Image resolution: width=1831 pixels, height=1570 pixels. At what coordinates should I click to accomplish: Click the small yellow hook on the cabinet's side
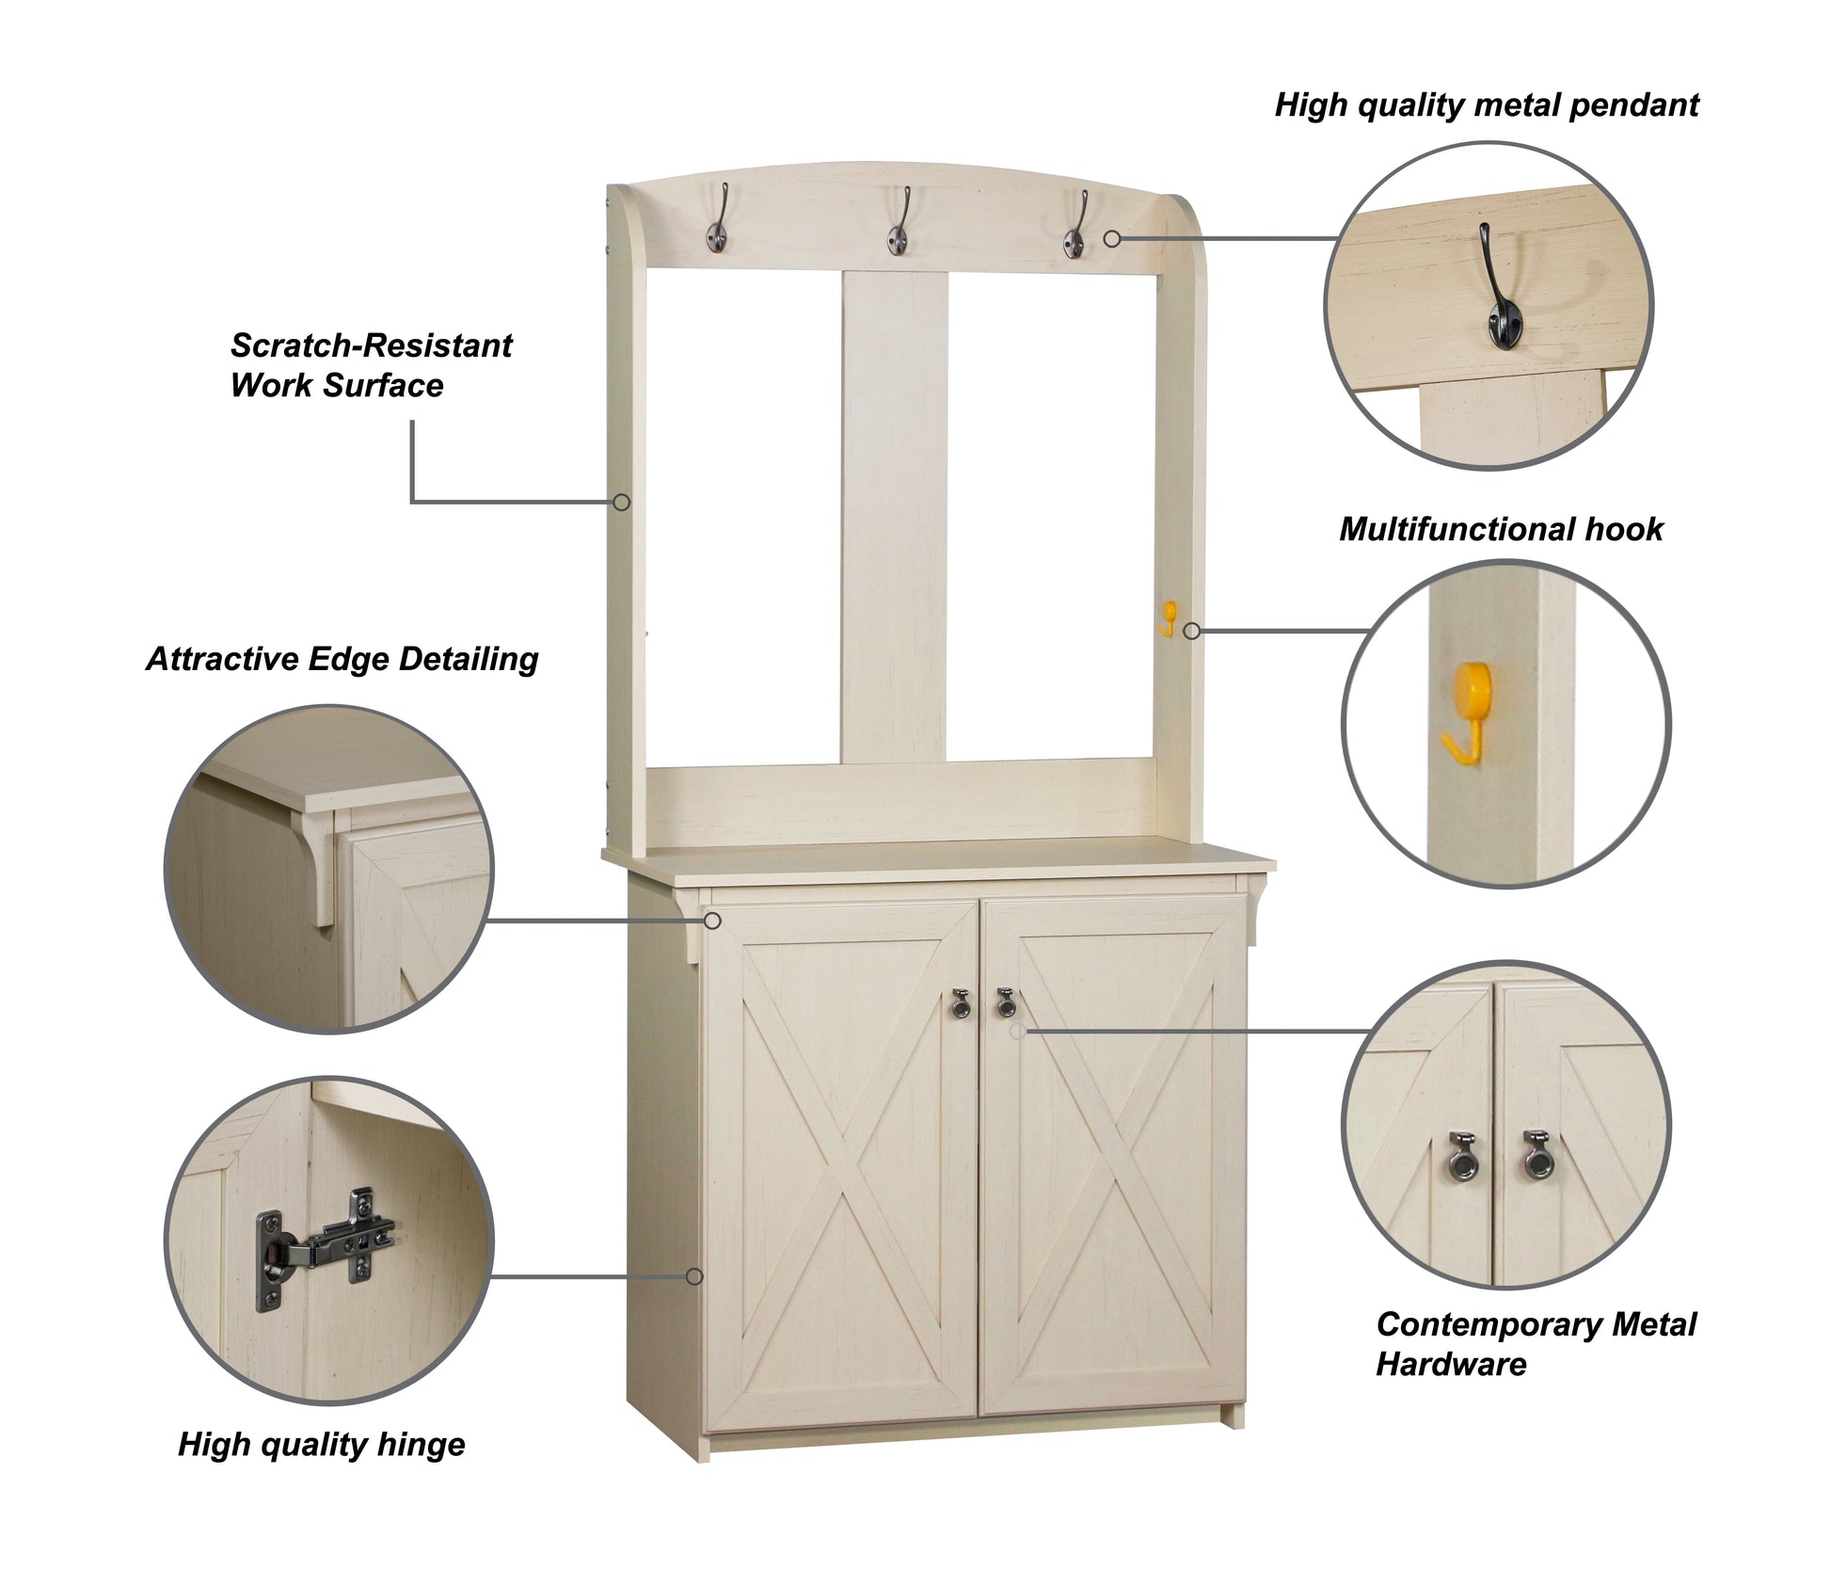(x=1167, y=618)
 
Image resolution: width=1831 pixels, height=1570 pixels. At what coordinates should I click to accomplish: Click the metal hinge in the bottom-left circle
(x=319, y=1246)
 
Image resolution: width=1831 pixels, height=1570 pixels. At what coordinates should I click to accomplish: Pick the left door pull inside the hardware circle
(x=1460, y=1155)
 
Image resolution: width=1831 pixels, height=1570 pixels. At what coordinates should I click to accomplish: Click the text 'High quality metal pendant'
(x=1487, y=105)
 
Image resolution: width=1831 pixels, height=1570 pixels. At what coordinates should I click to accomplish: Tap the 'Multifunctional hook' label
(x=1501, y=529)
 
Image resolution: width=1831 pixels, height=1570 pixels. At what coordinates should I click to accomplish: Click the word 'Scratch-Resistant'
(x=371, y=345)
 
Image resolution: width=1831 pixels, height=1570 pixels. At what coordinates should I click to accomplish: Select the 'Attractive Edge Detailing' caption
(x=342, y=660)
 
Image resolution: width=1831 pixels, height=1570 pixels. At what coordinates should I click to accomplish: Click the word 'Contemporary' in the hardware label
(x=1486, y=1325)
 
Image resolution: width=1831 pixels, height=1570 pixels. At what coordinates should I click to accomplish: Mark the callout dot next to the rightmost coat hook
(x=1112, y=239)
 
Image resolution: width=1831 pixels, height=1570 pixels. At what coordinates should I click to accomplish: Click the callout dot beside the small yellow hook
(x=1192, y=631)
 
